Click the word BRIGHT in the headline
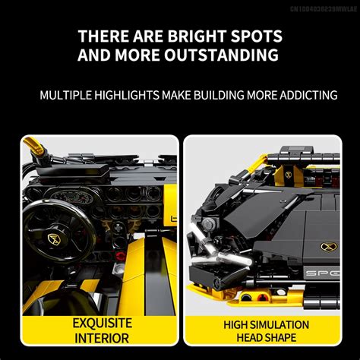pyautogui.click(x=196, y=36)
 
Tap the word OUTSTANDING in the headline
pyautogui.click(x=222, y=55)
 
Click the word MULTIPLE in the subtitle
pyautogui.click(x=65, y=95)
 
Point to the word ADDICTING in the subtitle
pyautogui.click(x=308, y=95)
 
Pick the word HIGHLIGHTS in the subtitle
pyautogui.click(x=127, y=95)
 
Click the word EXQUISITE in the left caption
pyautogui.click(x=103, y=324)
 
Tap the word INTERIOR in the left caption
pyautogui.click(x=102, y=339)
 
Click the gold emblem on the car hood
pyautogui.click(x=328, y=247)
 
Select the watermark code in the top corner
pyautogui.click(x=324, y=9)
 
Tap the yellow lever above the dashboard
pyautogui.click(x=34, y=145)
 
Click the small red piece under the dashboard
pyautogui.click(x=121, y=256)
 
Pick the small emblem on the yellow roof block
pyautogui.click(x=289, y=175)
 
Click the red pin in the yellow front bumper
pyautogui.click(x=261, y=297)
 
